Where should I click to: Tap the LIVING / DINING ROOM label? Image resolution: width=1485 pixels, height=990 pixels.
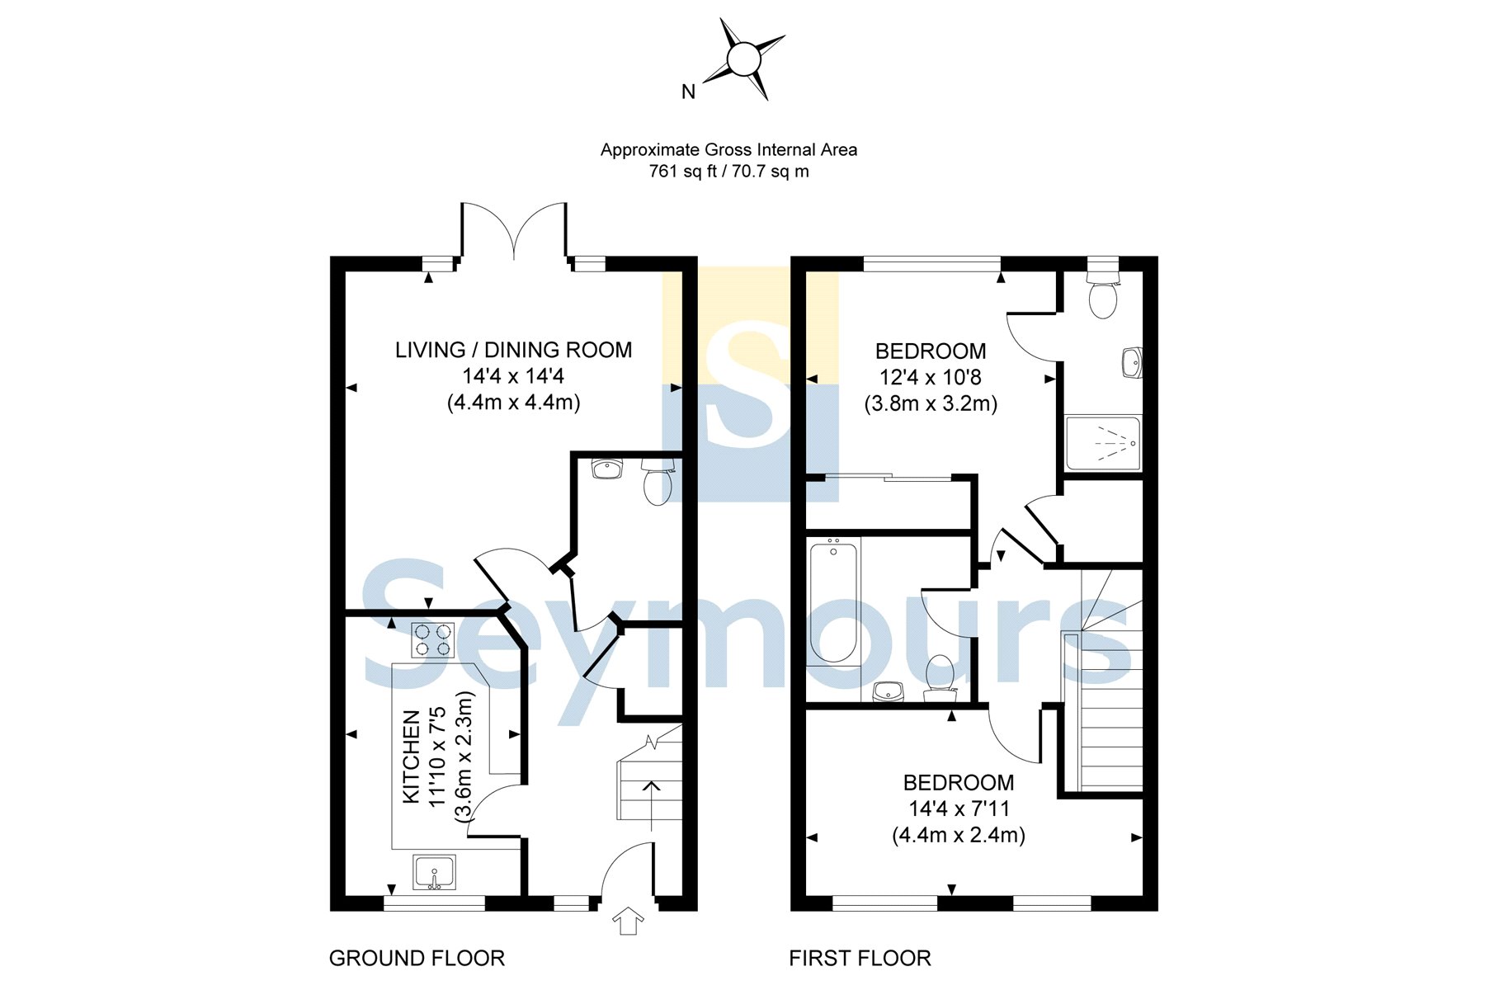(x=513, y=350)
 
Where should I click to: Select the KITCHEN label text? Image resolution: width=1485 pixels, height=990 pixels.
(x=411, y=757)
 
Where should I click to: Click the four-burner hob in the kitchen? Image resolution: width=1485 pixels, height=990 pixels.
(x=433, y=639)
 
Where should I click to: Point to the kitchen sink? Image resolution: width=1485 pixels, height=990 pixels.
(x=434, y=873)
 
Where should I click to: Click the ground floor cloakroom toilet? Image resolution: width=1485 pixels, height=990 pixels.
(x=658, y=483)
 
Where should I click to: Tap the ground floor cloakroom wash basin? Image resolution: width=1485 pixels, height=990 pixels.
(x=607, y=469)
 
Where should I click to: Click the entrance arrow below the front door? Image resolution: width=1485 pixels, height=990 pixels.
(x=628, y=921)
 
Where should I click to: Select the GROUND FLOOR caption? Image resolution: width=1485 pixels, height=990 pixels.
(x=417, y=959)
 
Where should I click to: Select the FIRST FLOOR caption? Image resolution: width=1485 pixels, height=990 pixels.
(x=860, y=959)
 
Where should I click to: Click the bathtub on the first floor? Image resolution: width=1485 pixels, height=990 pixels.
(x=833, y=601)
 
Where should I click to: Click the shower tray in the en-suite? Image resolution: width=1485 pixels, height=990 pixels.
(x=1103, y=443)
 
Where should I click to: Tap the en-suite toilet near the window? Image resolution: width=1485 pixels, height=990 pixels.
(x=1103, y=297)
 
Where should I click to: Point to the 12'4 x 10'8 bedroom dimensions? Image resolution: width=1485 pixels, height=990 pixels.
(x=931, y=378)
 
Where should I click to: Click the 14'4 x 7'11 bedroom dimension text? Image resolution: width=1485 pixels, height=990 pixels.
(x=959, y=808)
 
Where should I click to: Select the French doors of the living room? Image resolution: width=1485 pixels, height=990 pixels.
(x=514, y=231)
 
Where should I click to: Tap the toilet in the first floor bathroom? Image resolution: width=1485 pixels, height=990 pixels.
(x=940, y=675)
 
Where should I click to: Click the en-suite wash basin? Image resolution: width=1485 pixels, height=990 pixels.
(x=1132, y=361)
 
